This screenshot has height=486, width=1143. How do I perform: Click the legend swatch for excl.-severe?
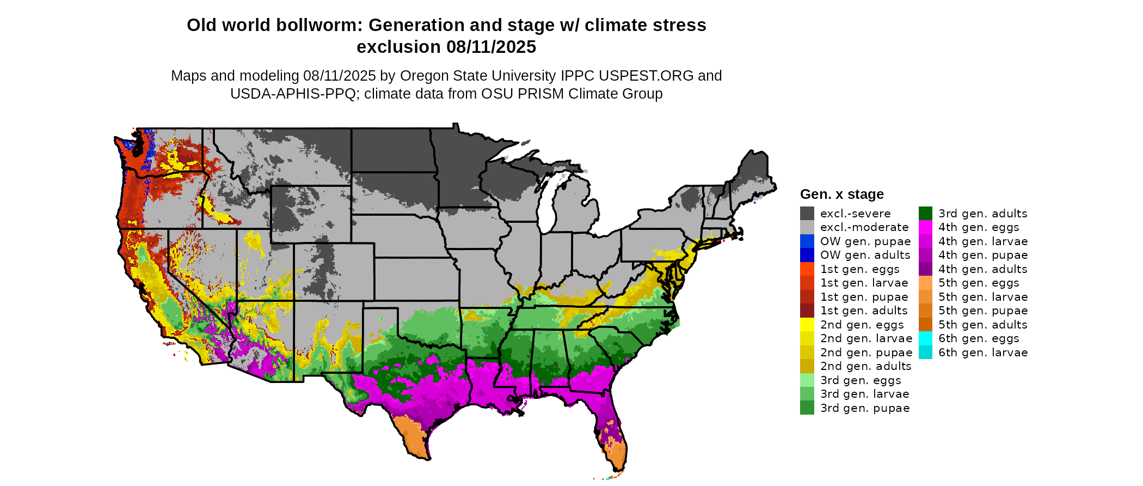pyautogui.click(x=807, y=214)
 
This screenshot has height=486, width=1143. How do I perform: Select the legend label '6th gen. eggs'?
pyautogui.click(x=979, y=338)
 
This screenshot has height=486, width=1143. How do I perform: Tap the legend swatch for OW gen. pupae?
pyautogui.click(x=807, y=241)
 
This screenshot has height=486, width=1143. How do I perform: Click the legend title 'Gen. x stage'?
pyautogui.click(x=841, y=195)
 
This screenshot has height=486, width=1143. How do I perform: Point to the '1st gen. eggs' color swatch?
pyautogui.click(x=807, y=269)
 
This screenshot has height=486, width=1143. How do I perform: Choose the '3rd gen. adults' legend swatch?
pyautogui.click(x=925, y=214)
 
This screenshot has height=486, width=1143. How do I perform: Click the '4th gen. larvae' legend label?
pyautogui.click(x=983, y=241)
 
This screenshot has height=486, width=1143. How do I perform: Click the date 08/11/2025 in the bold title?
pyautogui.click(x=491, y=47)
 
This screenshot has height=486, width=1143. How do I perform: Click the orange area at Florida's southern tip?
pyautogui.click(x=615, y=455)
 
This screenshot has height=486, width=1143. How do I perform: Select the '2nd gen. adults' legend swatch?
pyautogui.click(x=807, y=366)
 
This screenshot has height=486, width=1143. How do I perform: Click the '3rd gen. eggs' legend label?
pyautogui.click(x=861, y=380)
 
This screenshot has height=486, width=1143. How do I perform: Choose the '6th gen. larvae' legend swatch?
pyautogui.click(x=925, y=353)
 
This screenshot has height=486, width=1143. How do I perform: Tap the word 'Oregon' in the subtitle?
pyautogui.click(x=422, y=76)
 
